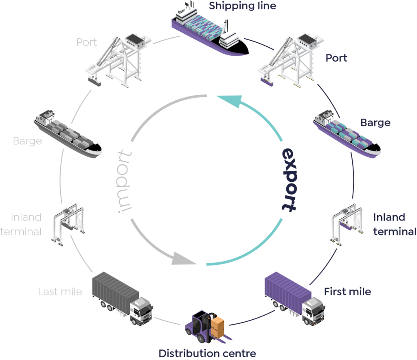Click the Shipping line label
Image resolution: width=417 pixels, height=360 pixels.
pos(242,6)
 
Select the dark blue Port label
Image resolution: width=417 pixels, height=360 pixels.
pos(336,58)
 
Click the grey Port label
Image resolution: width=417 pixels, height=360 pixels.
pos(87,42)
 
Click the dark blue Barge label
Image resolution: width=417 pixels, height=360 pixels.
pos(375,122)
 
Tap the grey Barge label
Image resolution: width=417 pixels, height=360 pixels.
pos(27,142)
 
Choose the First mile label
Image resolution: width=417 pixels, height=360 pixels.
pos(347,291)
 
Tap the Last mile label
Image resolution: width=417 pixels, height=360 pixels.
pos(60,291)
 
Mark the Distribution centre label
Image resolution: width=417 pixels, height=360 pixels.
pos(207,353)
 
